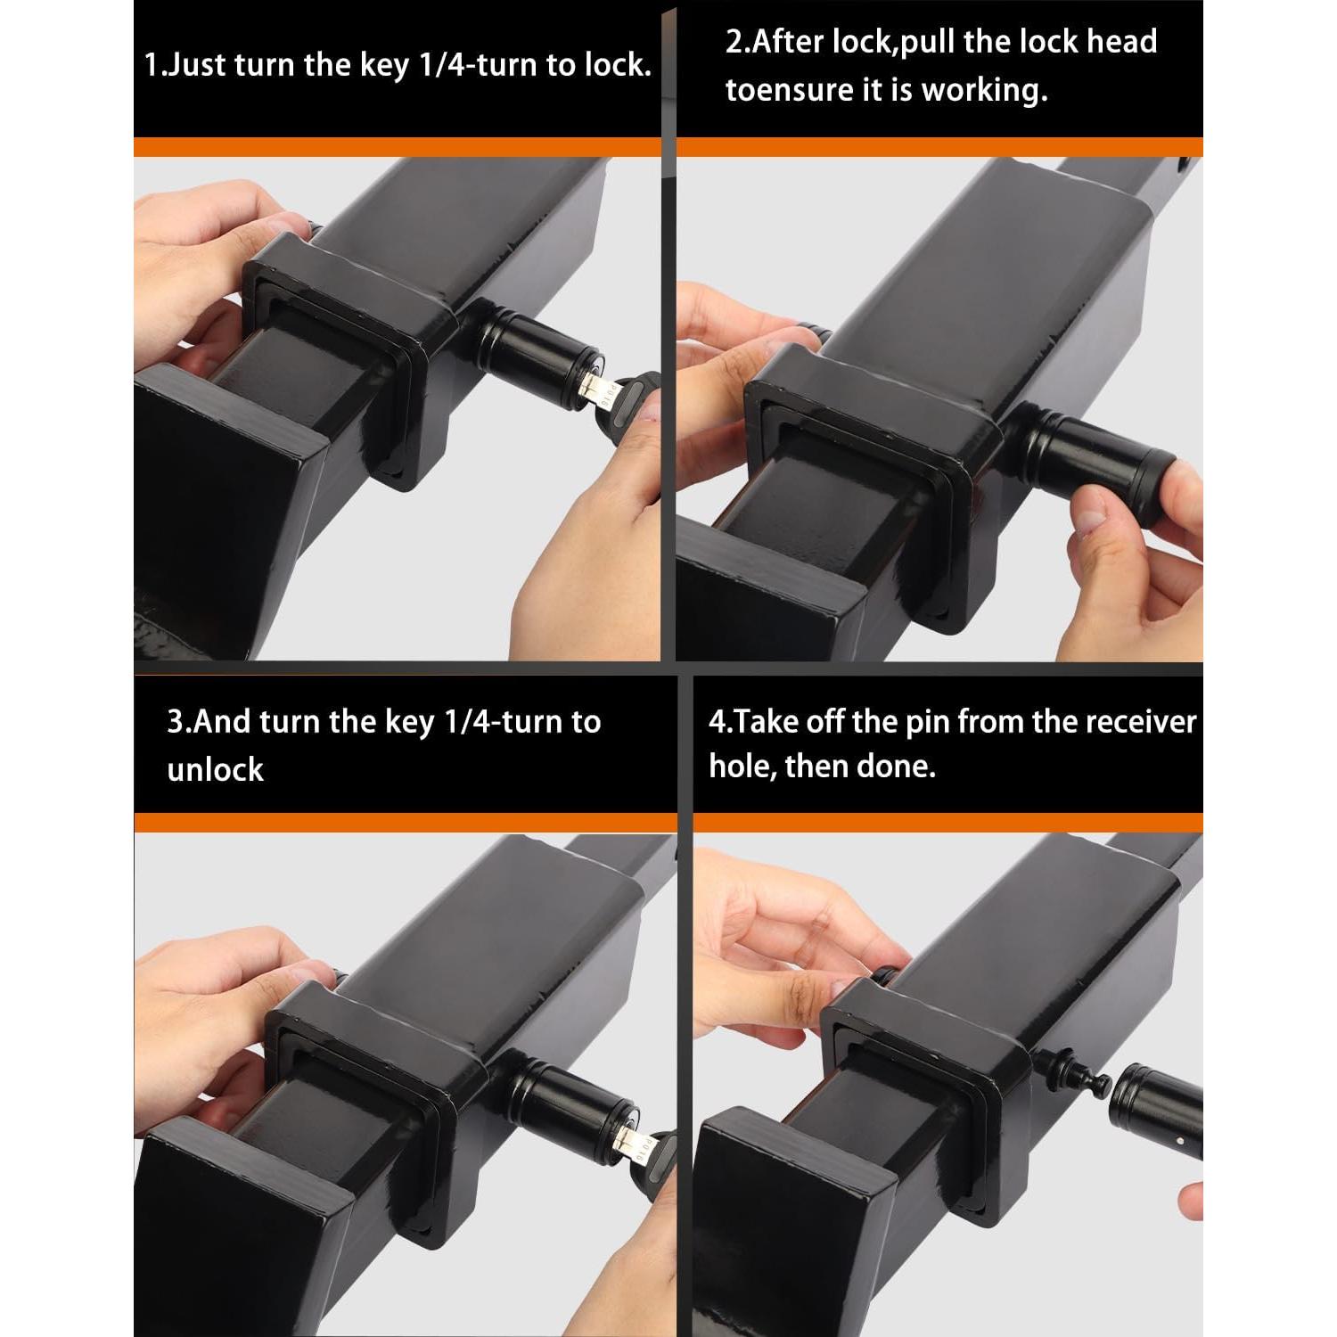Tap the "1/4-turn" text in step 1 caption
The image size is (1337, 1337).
[x=477, y=66]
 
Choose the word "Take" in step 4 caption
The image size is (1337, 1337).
[x=767, y=721]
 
